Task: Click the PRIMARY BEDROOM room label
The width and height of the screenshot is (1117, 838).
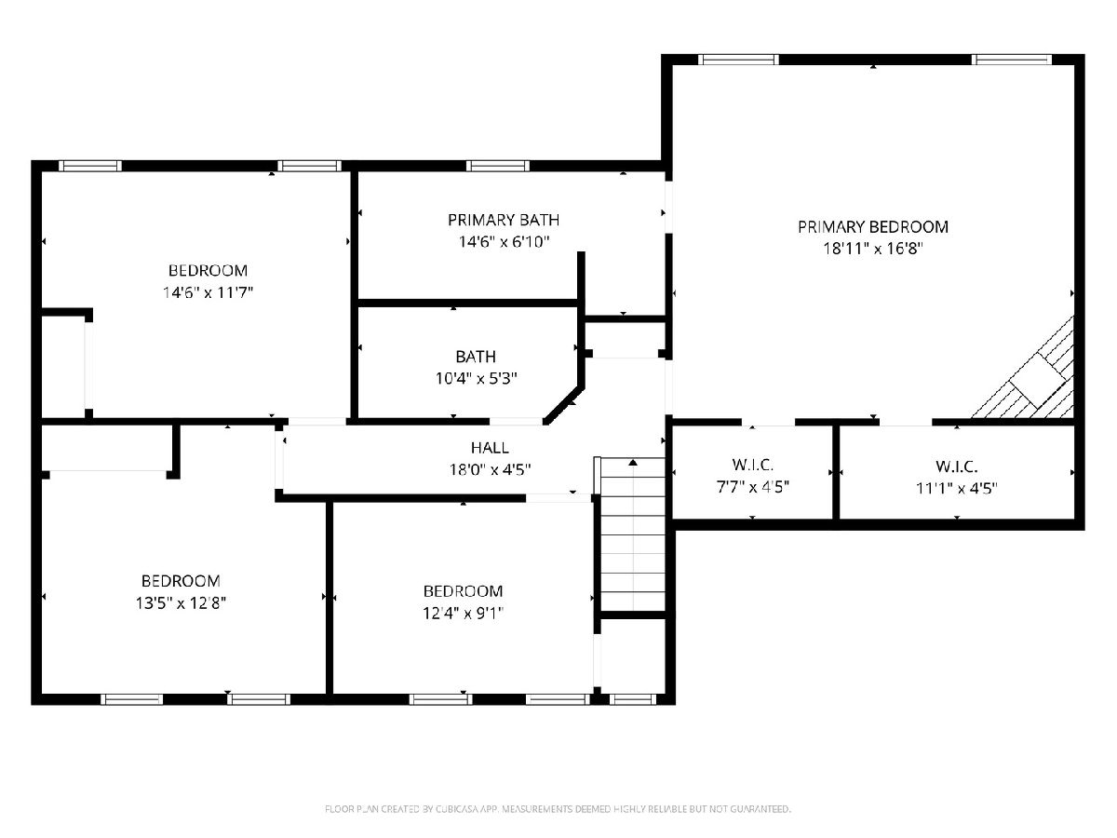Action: [872, 227]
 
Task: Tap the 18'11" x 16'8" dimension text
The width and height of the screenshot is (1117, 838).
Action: [872, 249]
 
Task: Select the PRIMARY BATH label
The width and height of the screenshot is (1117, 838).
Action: [504, 221]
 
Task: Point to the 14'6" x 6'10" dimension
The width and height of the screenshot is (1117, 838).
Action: [504, 242]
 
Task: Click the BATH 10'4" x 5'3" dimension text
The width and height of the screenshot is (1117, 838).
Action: [476, 379]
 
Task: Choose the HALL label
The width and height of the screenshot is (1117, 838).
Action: [490, 448]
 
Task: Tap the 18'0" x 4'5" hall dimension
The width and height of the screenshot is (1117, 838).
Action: [490, 469]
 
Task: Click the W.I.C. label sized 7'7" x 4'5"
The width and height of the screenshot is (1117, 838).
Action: [752, 465]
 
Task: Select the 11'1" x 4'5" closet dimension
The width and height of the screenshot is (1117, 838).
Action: [956, 489]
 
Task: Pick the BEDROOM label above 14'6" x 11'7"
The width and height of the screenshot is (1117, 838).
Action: [208, 270]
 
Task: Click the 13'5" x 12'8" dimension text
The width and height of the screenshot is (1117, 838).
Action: [181, 603]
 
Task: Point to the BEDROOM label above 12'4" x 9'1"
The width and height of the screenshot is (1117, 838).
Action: [463, 591]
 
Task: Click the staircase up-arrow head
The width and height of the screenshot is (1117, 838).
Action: [633, 463]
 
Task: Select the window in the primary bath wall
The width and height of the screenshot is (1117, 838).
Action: [498, 166]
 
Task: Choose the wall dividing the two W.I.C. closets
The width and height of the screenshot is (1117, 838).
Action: [836, 472]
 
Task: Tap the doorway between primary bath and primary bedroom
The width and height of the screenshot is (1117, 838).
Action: [668, 208]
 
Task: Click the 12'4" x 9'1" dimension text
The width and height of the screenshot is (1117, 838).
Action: [463, 614]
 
